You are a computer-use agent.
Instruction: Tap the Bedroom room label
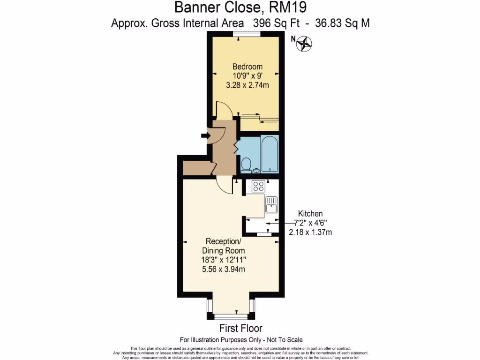(247, 67)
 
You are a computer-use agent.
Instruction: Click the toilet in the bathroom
(246, 165)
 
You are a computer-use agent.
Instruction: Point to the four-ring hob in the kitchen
(258, 186)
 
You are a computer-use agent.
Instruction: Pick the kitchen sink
(271, 205)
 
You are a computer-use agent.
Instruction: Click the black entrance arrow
(205, 136)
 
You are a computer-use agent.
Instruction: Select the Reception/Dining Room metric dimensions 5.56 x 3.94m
(223, 269)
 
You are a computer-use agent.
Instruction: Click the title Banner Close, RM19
(241, 7)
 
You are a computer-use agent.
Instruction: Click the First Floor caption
(241, 328)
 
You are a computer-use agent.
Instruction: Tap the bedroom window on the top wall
(247, 33)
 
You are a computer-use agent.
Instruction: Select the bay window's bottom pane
(230, 316)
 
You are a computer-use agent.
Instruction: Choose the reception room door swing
(225, 186)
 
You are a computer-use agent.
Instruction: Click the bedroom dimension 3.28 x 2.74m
(247, 85)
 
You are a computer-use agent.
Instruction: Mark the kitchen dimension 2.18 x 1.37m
(307, 232)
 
